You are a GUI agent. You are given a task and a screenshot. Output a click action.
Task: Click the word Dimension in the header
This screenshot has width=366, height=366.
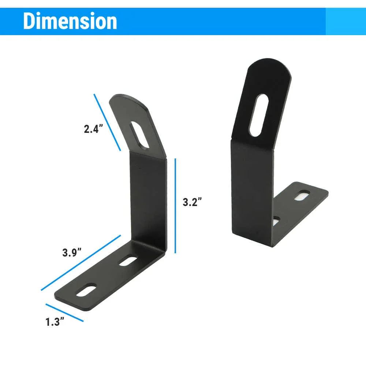pyautogui.click(x=70, y=21)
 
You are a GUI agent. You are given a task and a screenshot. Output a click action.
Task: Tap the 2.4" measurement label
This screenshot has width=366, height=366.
pyautogui.click(x=92, y=129)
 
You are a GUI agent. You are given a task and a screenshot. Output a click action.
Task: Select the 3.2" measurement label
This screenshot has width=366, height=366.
pyautogui.click(x=192, y=202)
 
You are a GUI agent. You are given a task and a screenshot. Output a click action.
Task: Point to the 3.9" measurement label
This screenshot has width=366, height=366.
pyautogui.click(x=72, y=253)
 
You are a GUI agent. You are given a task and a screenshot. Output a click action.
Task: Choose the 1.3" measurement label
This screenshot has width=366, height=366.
pyautogui.click(x=55, y=322)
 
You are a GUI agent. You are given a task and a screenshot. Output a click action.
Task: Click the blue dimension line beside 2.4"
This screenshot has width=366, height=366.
pyautogui.click(x=107, y=122)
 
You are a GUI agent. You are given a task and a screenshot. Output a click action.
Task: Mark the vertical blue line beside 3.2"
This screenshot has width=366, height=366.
pyautogui.click(x=176, y=206)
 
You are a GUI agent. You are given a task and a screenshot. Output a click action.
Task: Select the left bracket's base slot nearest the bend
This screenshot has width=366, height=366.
pyautogui.click(x=128, y=260)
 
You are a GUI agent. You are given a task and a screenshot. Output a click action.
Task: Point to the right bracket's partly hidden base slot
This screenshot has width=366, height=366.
pyautogui.click(x=277, y=221)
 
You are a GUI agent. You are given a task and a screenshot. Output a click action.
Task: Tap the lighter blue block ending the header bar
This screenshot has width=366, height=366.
pyautogui.click(x=346, y=21)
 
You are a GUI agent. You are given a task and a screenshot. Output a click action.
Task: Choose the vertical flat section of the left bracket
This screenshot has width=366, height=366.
pyautogui.click(x=148, y=198)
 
